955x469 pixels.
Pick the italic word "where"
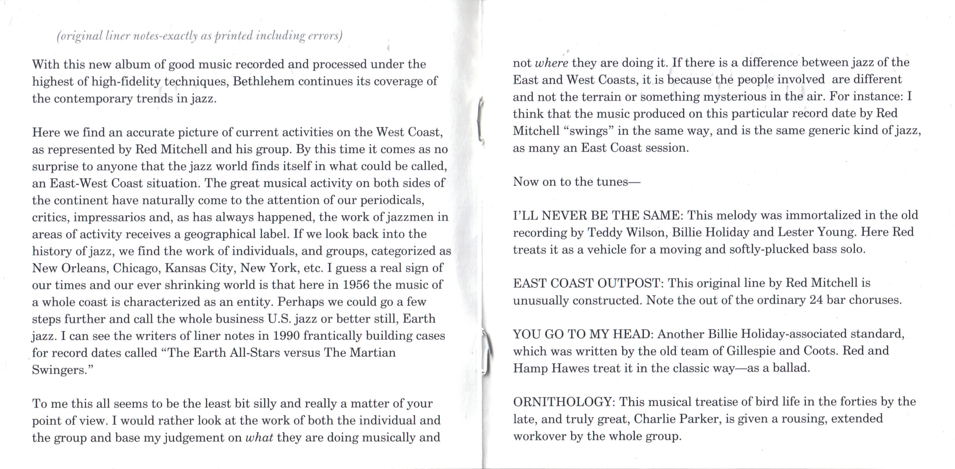[552, 63]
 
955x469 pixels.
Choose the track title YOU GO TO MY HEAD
[582, 334]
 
